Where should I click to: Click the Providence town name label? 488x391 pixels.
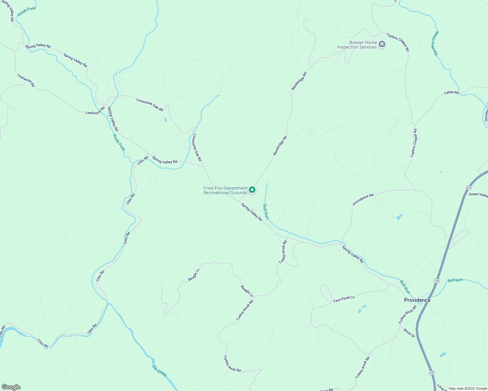(417, 300)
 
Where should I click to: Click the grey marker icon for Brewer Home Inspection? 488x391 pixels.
(382, 44)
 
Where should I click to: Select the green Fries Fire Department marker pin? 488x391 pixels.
(252, 190)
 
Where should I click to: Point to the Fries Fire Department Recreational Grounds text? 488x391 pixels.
(225, 190)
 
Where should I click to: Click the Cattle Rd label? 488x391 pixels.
(451, 93)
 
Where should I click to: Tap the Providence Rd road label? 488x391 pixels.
(363, 200)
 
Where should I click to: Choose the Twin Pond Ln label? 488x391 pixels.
(343, 299)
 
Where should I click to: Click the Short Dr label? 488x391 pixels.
(409, 333)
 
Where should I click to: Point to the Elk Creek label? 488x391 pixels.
(160, 371)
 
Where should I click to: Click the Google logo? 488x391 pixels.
(11, 387)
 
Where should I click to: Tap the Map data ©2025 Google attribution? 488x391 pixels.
(467, 388)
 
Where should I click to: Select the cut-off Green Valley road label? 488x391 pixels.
(478, 195)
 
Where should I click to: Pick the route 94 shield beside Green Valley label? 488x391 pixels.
(469, 188)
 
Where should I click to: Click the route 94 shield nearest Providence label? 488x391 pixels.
(436, 281)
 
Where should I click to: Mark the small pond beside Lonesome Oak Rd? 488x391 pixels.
(166, 120)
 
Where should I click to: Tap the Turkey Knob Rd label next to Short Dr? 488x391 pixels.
(407, 314)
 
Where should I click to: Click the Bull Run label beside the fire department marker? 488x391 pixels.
(266, 211)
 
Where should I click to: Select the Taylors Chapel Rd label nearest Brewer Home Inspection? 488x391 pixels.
(398, 42)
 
